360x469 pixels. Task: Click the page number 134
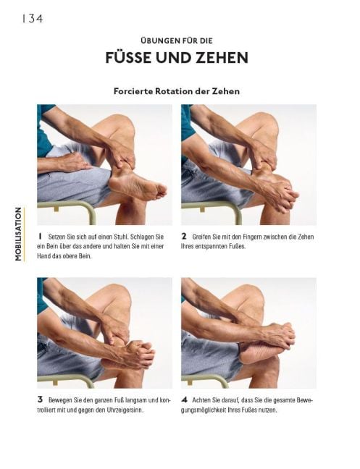33,19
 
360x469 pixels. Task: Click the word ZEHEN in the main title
222,58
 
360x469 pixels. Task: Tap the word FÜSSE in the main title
129,57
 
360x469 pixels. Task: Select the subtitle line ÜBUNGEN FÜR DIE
177,41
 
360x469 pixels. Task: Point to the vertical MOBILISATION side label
19,234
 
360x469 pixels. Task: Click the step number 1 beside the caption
40,236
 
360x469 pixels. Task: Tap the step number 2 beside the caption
184,236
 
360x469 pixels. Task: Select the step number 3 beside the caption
40,400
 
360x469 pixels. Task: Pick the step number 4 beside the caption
184,400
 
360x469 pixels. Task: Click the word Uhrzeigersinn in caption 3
125,410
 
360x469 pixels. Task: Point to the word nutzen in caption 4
267,410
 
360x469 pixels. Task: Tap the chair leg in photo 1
91,214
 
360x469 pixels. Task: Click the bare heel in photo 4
248,354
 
